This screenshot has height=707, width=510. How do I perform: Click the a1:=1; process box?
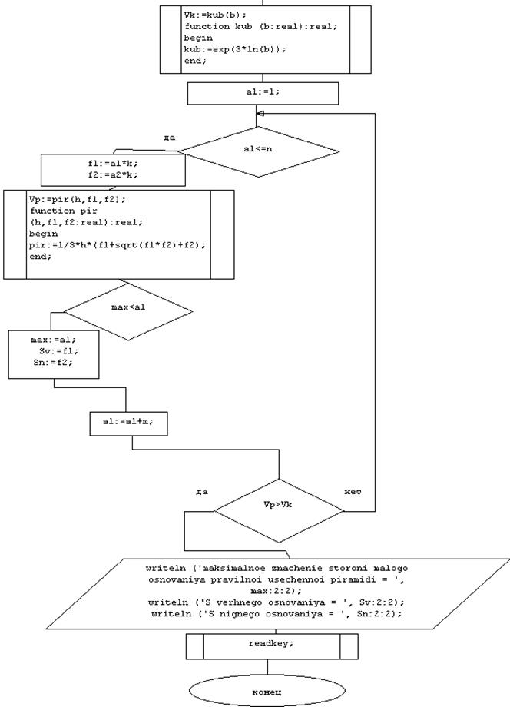263,92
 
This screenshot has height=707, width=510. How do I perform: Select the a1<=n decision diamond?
258,149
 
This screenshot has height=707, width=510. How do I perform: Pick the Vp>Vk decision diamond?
279,509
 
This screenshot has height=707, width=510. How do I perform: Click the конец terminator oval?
267,692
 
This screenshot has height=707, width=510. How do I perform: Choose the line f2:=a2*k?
113,175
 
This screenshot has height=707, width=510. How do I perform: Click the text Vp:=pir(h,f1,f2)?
71,199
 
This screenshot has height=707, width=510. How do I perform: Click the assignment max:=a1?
54,339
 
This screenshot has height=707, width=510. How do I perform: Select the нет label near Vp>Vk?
353,491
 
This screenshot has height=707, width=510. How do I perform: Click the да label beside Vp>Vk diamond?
202,491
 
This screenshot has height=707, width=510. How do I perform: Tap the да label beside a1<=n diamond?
169,138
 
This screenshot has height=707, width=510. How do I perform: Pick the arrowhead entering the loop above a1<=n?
260,113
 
